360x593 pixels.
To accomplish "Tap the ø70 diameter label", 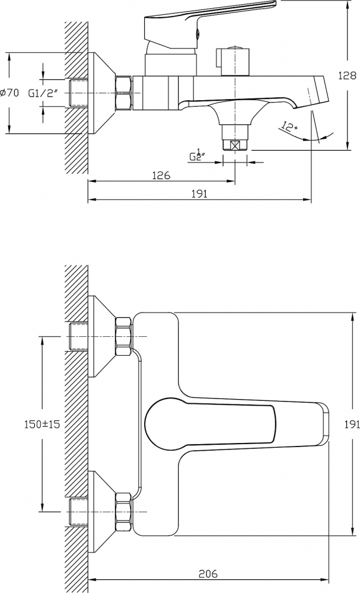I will pyautogui.click(x=9, y=93).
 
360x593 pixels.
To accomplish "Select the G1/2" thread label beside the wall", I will pyautogui.click(x=44, y=93).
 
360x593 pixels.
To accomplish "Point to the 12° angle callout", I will pyautogui.click(x=289, y=126).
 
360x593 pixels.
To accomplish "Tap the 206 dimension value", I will pyautogui.click(x=208, y=573).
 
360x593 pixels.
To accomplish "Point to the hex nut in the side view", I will pyautogui.click(x=125, y=93).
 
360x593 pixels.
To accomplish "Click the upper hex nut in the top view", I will pyautogui.click(x=124, y=336).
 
